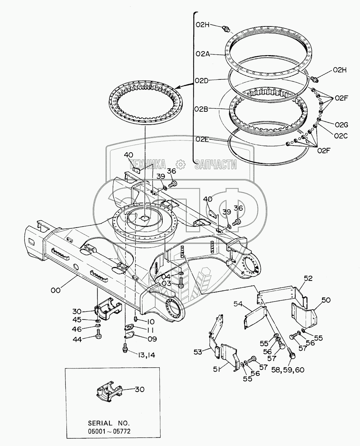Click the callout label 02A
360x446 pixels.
(x=202, y=54)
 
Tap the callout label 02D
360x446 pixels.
(x=202, y=81)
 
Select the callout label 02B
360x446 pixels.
(x=201, y=109)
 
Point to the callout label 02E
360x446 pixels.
(x=202, y=139)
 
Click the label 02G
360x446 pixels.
(x=341, y=125)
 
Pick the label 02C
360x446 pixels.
(x=341, y=136)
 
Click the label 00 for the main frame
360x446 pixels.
(x=55, y=290)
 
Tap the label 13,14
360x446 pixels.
(x=146, y=355)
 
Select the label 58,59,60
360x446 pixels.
(x=288, y=370)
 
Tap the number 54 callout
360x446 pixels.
(x=238, y=304)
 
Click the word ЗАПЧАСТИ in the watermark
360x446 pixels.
(x=216, y=164)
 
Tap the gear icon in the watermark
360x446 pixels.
(x=180, y=164)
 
